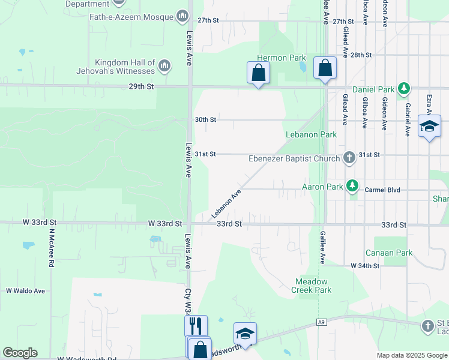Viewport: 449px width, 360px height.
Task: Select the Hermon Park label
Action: (282, 58)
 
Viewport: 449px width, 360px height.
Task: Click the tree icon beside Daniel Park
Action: (405, 89)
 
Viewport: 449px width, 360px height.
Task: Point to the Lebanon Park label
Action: (311, 135)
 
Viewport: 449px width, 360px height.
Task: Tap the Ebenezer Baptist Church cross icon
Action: (349, 159)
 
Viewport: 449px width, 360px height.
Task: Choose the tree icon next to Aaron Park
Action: (354, 187)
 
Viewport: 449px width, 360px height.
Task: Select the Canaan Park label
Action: (389, 253)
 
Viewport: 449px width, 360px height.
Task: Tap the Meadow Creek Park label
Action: (313, 286)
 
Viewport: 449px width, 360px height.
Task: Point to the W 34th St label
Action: (365, 265)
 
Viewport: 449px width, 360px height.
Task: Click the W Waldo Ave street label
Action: (26, 291)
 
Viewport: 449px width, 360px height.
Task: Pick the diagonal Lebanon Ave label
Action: (226, 204)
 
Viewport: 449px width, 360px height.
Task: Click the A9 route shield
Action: (322, 322)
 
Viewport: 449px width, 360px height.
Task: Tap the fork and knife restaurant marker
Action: (196, 326)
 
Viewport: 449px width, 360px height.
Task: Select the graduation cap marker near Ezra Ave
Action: (429, 126)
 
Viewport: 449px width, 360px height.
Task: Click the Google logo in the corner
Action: (20, 353)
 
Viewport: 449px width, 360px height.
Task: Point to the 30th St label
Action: (205, 119)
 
